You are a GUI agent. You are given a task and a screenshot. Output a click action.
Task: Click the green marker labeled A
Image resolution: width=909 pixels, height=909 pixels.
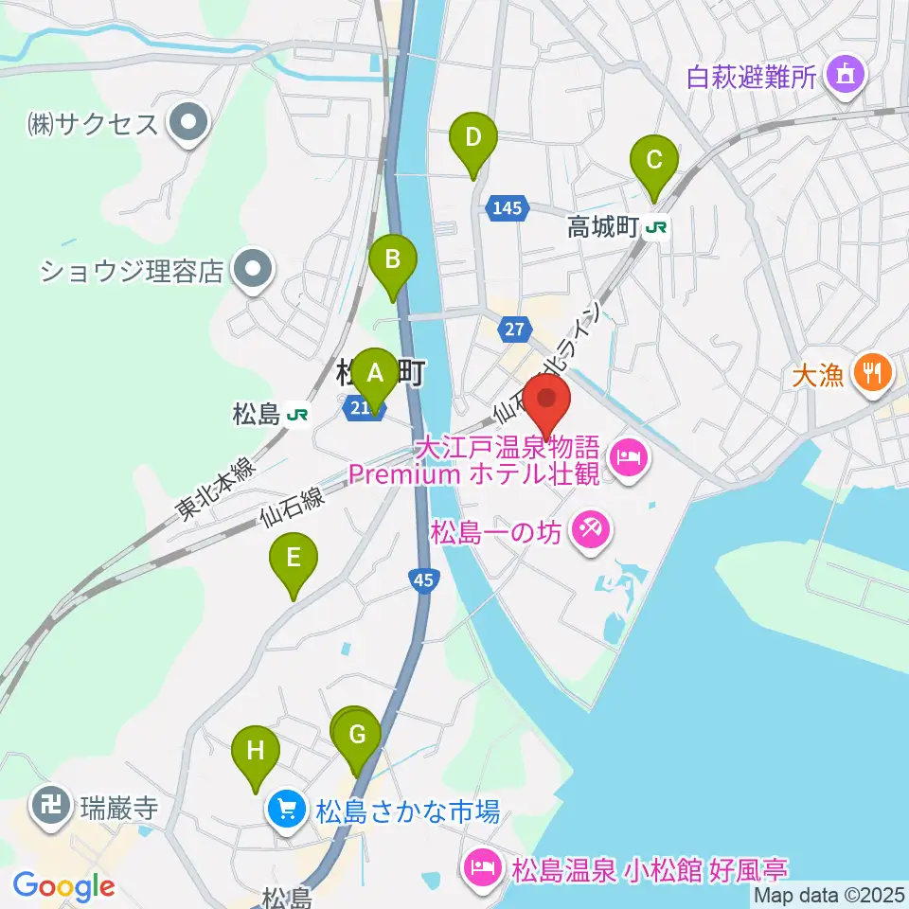pyautogui.click(x=375, y=373)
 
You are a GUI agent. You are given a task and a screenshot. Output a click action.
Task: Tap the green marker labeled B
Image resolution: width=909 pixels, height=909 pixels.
pyautogui.click(x=393, y=258)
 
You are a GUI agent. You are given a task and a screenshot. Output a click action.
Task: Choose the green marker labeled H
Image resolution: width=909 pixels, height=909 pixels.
pyautogui.click(x=256, y=751)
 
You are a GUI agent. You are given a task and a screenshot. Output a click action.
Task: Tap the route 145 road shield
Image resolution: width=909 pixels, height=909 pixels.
pyautogui.click(x=507, y=207)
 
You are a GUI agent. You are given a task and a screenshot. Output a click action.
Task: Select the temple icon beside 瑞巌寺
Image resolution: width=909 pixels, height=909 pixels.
pyautogui.click(x=47, y=808)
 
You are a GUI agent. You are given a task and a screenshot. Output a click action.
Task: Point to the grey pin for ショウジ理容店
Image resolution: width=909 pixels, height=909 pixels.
pyautogui.click(x=253, y=272)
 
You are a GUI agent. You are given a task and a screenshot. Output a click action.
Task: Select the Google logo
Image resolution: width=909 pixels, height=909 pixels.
pyautogui.click(x=63, y=886)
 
